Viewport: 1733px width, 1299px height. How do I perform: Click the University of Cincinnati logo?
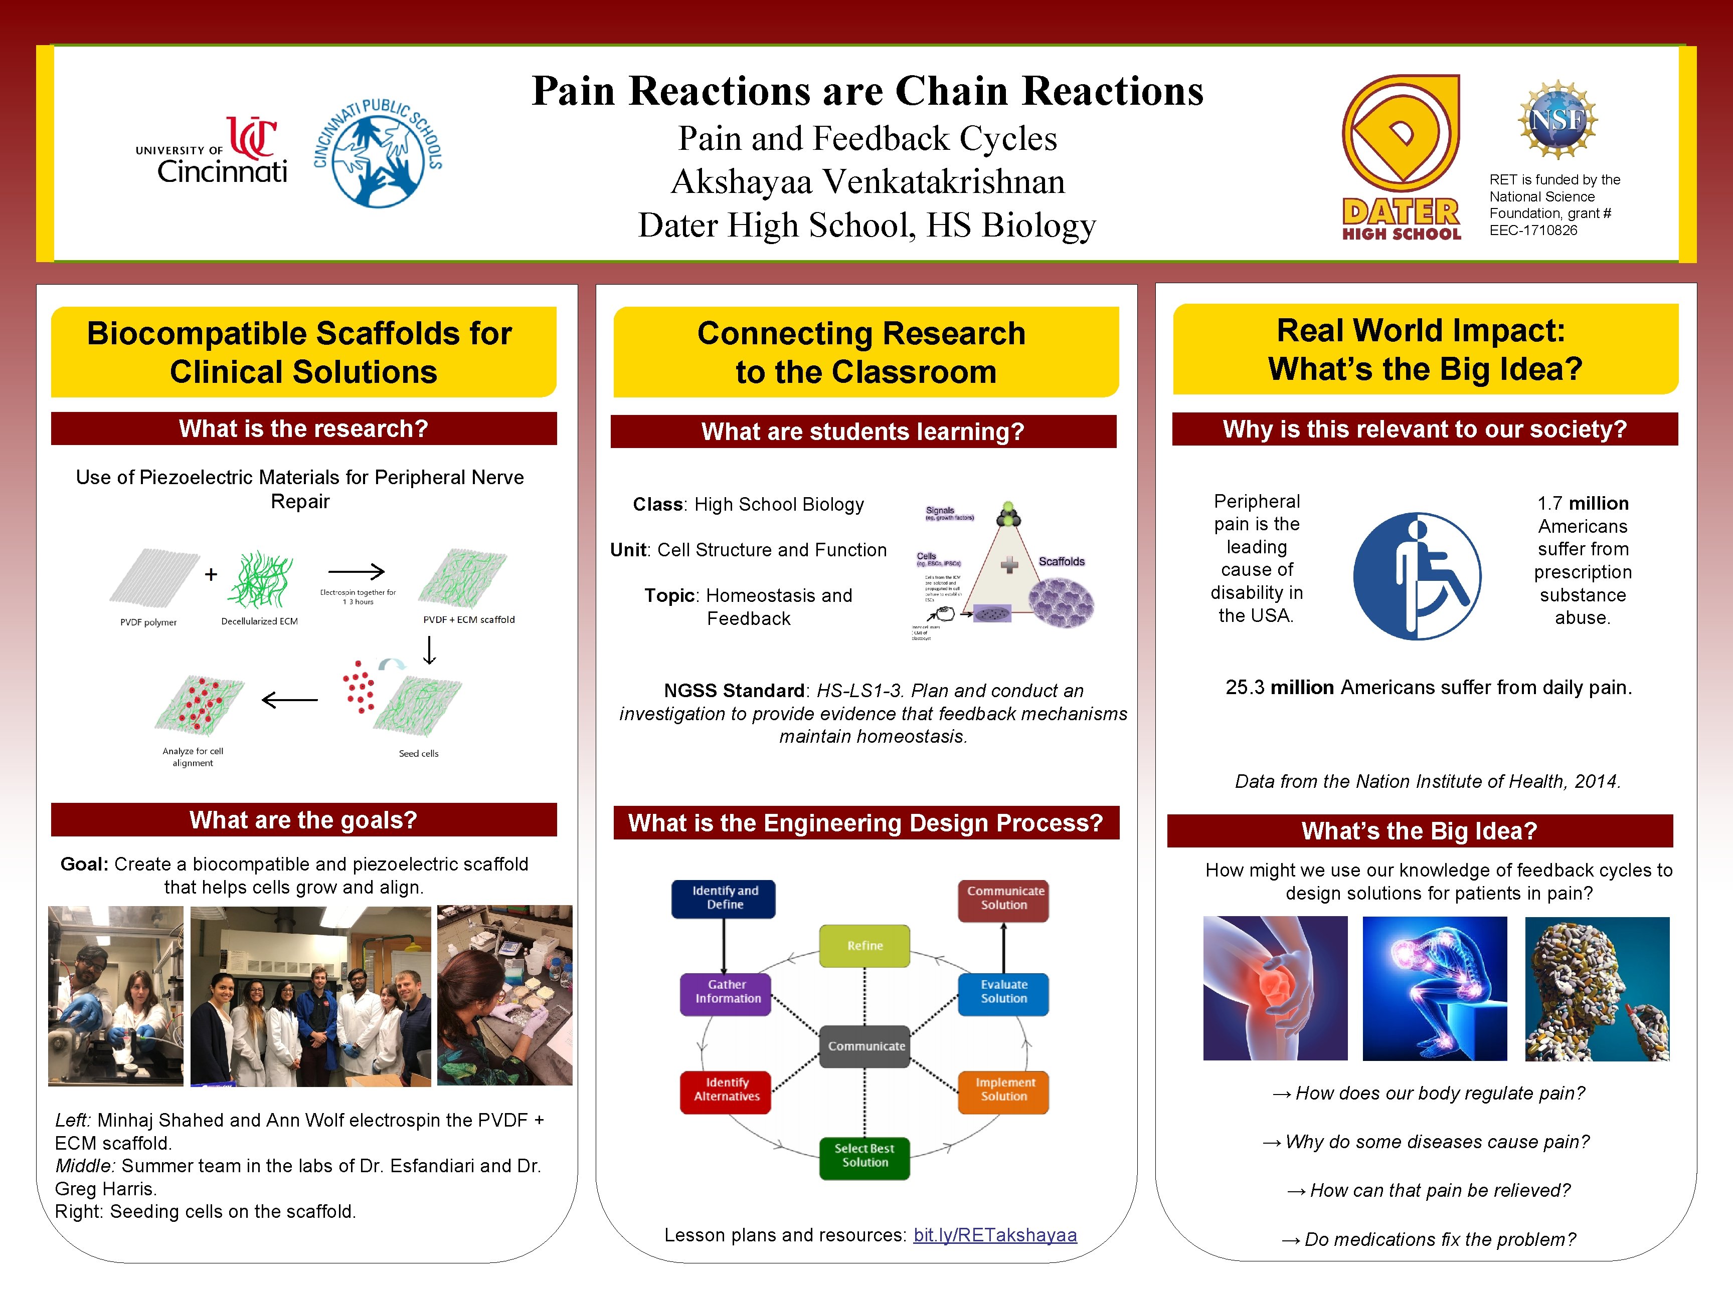(x=212, y=150)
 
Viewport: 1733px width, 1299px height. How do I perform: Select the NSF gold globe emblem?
(x=1557, y=120)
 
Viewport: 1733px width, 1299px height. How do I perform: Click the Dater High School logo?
(x=1401, y=156)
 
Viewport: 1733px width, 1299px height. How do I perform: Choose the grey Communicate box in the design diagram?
(x=865, y=1046)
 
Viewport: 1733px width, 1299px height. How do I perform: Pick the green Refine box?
(x=864, y=946)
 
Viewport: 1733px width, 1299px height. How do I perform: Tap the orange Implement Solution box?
(x=1003, y=1089)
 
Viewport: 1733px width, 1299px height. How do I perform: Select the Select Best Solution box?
(x=864, y=1156)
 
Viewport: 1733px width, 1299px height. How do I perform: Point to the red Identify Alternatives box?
(x=726, y=1089)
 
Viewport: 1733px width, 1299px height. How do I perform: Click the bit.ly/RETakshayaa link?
(x=995, y=1235)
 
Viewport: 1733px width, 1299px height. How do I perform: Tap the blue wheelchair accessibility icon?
(x=1417, y=576)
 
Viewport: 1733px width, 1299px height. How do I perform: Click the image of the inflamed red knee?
(x=1275, y=988)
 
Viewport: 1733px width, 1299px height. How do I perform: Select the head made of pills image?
(x=1597, y=988)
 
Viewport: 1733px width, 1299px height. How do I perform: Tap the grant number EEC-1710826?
(x=1533, y=230)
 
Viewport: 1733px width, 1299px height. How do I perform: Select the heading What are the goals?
(x=303, y=820)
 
